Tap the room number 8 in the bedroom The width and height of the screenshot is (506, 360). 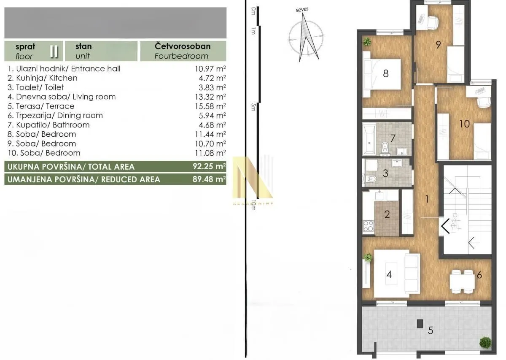385,73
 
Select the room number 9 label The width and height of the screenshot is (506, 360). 438,44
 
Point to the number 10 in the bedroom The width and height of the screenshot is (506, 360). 464,124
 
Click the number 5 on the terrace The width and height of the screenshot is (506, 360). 430,330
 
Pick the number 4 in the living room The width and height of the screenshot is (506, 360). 389,274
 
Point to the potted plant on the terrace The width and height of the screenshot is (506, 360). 485,342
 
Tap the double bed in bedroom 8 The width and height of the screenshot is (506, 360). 382,77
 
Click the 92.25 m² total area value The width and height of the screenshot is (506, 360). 209,166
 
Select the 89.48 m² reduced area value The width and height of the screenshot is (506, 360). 209,179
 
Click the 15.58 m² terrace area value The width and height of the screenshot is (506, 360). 210,106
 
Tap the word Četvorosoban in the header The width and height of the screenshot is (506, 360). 183,46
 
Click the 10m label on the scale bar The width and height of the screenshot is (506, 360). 253,205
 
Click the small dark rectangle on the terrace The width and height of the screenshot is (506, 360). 420,324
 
